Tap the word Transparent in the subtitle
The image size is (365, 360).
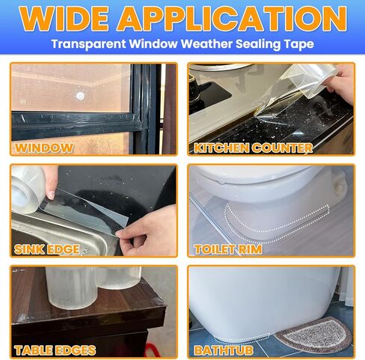point(87,44)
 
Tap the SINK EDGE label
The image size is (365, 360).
point(46,248)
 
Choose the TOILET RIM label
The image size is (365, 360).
point(228,248)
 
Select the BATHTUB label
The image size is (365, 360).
point(224,350)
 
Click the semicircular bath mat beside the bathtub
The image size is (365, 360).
point(313,335)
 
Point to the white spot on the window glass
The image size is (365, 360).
point(80,96)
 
